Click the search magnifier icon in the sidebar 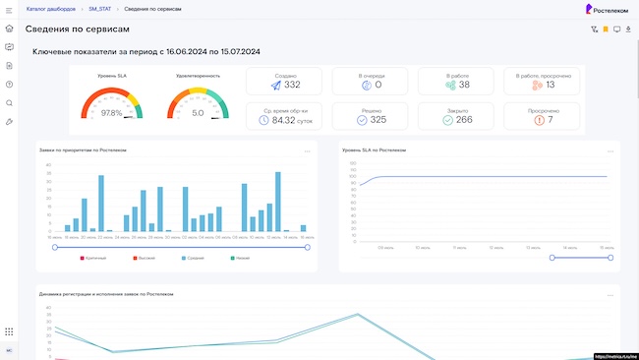click(x=9, y=102)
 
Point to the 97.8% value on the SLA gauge click(x=112, y=113)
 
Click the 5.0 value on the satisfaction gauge click(x=198, y=113)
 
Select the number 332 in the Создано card click(x=292, y=86)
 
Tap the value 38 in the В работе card click(x=464, y=86)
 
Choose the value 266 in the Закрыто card click(x=464, y=120)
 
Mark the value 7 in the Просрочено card click(x=550, y=120)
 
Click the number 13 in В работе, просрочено click(x=550, y=86)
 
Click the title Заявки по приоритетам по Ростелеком click(x=83, y=150)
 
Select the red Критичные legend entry click(x=93, y=258)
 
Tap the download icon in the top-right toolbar click(x=628, y=30)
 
